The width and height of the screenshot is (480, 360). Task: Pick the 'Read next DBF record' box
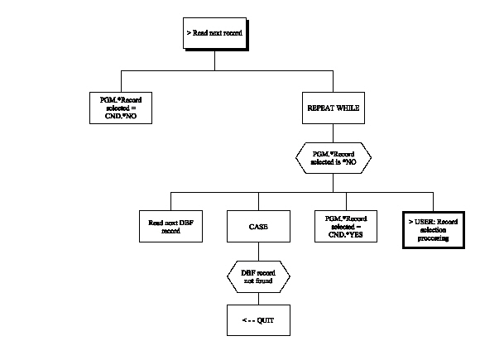point(170,226)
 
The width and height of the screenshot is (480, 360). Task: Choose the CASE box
point(258,225)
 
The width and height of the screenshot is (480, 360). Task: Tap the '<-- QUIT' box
point(258,319)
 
